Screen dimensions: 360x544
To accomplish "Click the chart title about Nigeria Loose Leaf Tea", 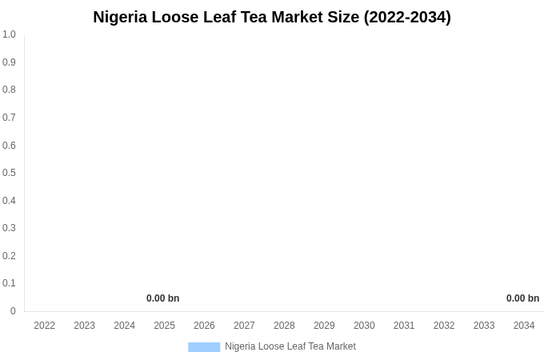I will click(x=272, y=17).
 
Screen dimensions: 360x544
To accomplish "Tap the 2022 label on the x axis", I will click(x=45, y=326).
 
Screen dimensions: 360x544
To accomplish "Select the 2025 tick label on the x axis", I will click(x=164, y=326).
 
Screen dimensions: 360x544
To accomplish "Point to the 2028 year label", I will click(x=284, y=326).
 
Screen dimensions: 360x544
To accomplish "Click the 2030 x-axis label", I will click(x=364, y=326).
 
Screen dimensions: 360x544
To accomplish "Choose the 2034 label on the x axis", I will click(x=524, y=326).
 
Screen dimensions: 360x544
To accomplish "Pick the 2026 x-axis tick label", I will click(x=204, y=326).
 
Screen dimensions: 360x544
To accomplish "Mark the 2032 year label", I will click(x=444, y=326).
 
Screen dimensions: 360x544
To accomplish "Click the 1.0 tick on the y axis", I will click(x=9, y=34).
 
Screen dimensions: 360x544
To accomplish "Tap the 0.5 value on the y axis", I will click(x=9, y=173).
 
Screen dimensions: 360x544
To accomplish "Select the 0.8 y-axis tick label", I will click(x=9, y=90).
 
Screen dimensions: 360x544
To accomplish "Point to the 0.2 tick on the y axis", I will click(x=9, y=256).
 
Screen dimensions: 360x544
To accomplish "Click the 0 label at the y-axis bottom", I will click(x=13, y=311).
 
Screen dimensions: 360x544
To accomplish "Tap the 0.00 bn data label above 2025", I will click(x=162, y=298).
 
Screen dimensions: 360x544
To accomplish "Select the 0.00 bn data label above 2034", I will click(x=522, y=298).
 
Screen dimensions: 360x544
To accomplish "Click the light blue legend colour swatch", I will click(x=204, y=346).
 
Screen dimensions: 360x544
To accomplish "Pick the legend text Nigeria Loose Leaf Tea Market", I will click(x=290, y=346).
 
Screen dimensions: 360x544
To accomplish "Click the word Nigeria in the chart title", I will click(x=120, y=17).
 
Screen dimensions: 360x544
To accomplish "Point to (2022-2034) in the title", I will click(x=407, y=17).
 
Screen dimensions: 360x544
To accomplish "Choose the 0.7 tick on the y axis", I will click(x=9, y=118).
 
